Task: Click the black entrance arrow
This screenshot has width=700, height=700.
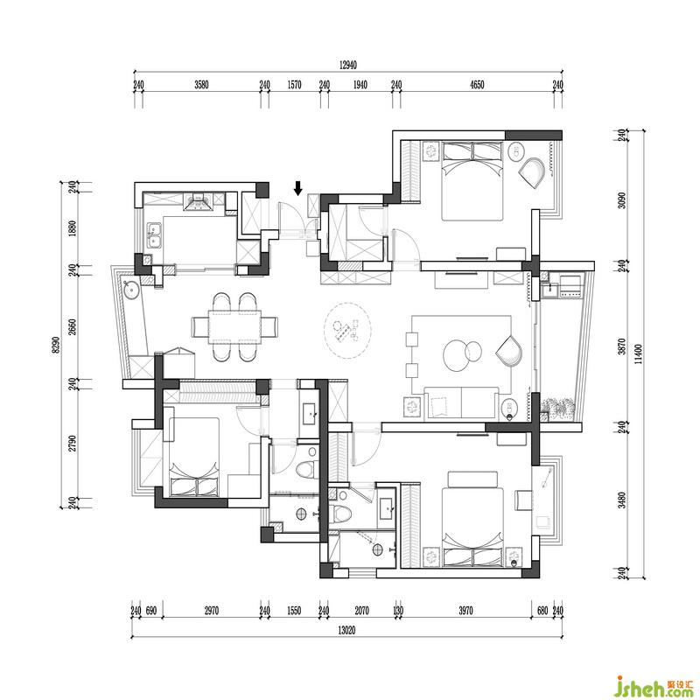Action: [298, 188]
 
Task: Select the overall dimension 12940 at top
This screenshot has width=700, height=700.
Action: [347, 65]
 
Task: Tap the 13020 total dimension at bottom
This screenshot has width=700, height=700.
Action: [346, 630]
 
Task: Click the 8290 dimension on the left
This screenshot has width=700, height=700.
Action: [55, 344]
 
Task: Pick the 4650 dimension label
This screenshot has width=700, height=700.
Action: [477, 85]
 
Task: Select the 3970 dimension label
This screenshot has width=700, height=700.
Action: [465, 610]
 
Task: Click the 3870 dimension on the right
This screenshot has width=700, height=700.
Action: [622, 346]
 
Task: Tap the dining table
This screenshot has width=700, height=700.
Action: [234, 327]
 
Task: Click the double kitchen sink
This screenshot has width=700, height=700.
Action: [155, 234]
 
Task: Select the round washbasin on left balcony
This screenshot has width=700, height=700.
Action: [132, 290]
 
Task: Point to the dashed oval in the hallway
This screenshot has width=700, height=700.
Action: [347, 331]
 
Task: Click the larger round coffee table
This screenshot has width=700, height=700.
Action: [456, 355]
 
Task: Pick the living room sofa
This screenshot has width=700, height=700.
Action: [461, 402]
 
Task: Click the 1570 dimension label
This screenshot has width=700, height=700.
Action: [294, 85]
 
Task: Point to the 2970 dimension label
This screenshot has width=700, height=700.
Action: [211, 610]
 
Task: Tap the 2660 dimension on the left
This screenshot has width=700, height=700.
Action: [73, 327]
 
